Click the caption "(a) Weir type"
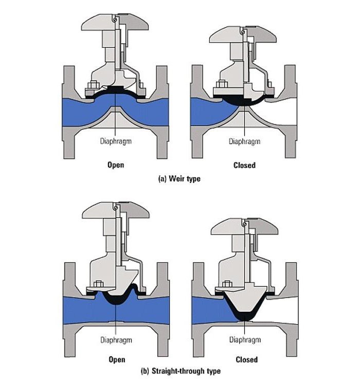click(x=179, y=179)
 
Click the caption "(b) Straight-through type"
click(x=181, y=371)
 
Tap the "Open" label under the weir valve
click(x=116, y=165)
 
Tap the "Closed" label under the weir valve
click(x=244, y=165)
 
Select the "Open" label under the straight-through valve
click(x=117, y=359)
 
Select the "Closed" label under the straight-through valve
click(x=246, y=359)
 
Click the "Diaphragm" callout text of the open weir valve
click(x=116, y=142)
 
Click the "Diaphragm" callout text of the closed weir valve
click(x=244, y=142)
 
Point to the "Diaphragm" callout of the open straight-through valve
click(x=116, y=340)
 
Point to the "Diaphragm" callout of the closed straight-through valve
click(x=245, y=340)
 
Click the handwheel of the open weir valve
click(x=115, y=23)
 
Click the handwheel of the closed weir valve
click(x=243, y=34)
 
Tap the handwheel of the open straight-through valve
click(x=116, y=210)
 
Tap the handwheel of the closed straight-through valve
click(x=244, y=226)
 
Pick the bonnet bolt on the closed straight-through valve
click(x=226, y=284)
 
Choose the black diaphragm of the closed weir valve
click(x=244, y=101)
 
